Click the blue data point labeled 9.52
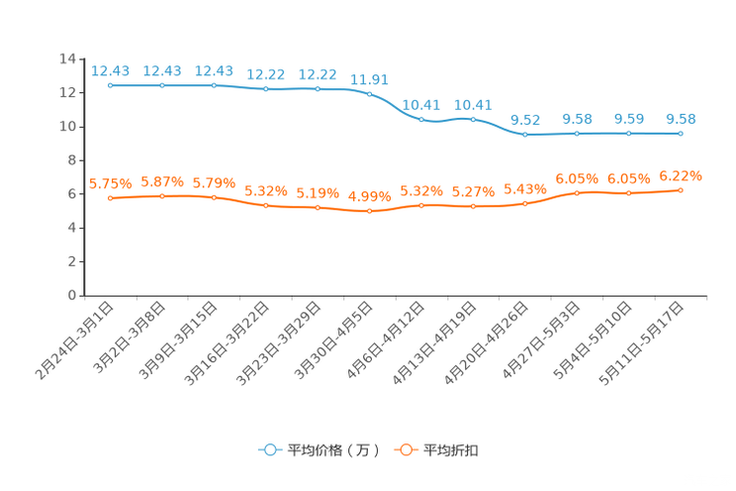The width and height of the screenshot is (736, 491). click(x=525, y=135)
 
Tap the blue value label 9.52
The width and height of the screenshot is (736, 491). click(x=525, y=120)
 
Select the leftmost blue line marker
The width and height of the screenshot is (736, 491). click(x=111, y=86)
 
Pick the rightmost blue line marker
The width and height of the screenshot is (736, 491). click(x=681, y=134)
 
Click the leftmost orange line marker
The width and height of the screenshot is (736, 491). click(x=111, y=199)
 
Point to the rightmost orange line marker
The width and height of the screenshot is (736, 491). click(x=681, y=190)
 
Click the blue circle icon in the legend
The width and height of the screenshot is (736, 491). click(x=269, y=449)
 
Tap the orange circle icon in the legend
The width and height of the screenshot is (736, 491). click(x=406, y=449)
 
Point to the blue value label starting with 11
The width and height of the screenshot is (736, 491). click(x=369, y=79)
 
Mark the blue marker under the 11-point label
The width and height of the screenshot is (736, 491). click(x=369, y=94)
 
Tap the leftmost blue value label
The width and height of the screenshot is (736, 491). click(x=111, y=70)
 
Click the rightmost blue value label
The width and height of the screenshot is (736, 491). click(x=681, y=119)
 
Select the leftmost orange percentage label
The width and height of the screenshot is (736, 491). click(x=110, y=183)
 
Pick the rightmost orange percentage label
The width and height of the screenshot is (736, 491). click(x=681, y=175)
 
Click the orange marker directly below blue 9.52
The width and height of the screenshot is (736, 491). click(x=525, y=204)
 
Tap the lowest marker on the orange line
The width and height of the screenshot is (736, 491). click(x=369, y=212)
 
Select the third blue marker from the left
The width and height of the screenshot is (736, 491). click(x=214, y=86)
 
